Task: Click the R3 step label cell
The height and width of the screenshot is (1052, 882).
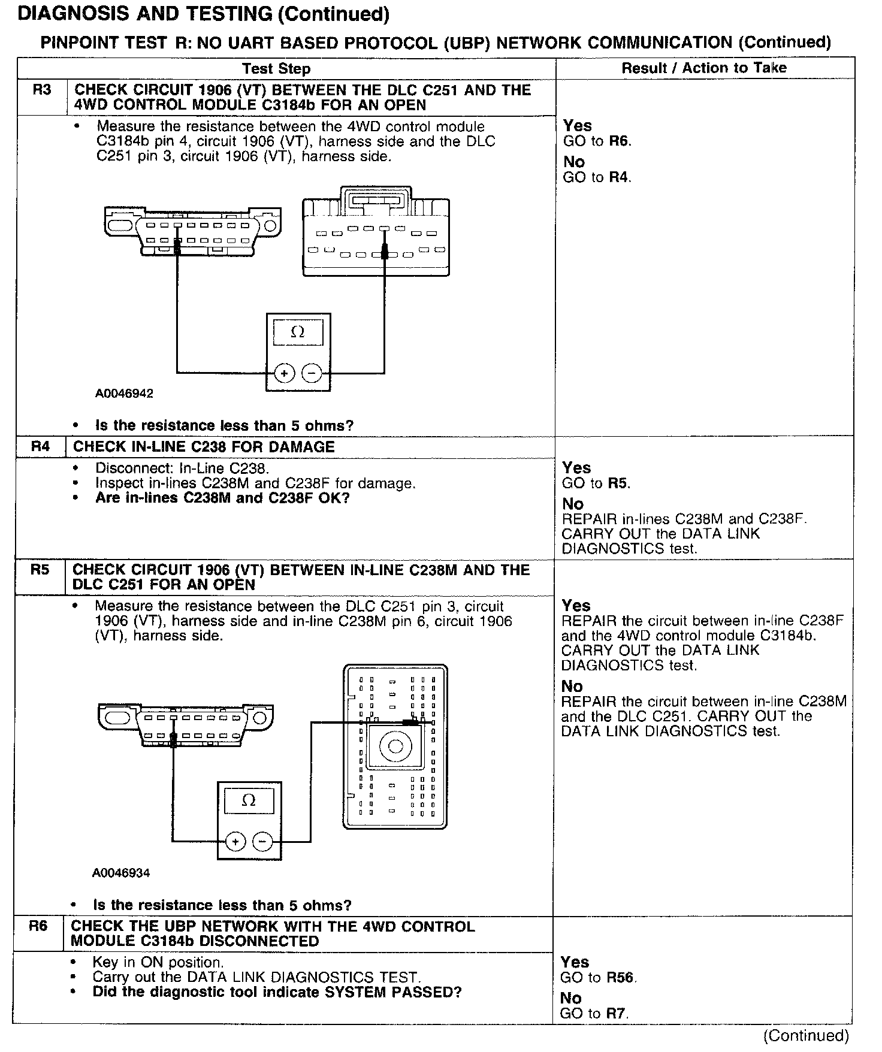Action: tap(42, 90)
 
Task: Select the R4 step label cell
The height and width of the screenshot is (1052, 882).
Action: tap(40, 447)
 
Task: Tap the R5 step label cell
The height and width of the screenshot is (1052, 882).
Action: tap(40, 570)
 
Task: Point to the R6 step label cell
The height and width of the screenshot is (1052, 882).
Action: tap(38, 926)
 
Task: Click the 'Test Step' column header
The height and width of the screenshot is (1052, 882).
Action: tap(276, 69)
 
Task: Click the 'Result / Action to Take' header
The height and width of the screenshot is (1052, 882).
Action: tap(703, 68)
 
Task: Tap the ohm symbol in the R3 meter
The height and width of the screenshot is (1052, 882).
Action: tap(298, 332)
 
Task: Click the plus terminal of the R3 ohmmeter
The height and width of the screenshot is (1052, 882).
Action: tap(284, 374)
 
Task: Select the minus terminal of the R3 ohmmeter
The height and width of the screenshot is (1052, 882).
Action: tap(312, 374)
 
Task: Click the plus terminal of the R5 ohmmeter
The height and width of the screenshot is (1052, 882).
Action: tap(235, 842)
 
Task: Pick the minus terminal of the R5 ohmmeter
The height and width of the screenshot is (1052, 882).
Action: tap(262, 842)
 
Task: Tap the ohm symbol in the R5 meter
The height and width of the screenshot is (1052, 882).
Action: tap(249, 800)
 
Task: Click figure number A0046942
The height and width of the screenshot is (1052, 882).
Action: tap(124, 394)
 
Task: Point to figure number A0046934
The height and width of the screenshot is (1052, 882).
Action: tap(121, 873)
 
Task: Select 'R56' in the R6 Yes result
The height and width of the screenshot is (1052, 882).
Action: tap(620, 977)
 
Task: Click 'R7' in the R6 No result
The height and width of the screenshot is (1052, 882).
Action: tap(617, 1013)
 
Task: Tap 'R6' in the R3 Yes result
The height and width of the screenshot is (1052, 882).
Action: tap(620, 141)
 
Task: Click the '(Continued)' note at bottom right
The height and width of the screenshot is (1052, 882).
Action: tap(806, 1036)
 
